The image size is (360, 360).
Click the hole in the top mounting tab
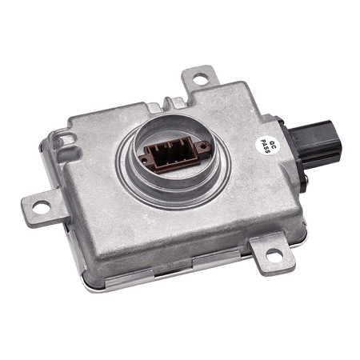200,78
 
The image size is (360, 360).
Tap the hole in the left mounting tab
42,206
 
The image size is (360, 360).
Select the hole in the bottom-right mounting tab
274,254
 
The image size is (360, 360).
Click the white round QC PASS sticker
266,146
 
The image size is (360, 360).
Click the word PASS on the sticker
264,146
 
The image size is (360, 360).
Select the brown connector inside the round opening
174,155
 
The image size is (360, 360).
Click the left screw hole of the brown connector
145,160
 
